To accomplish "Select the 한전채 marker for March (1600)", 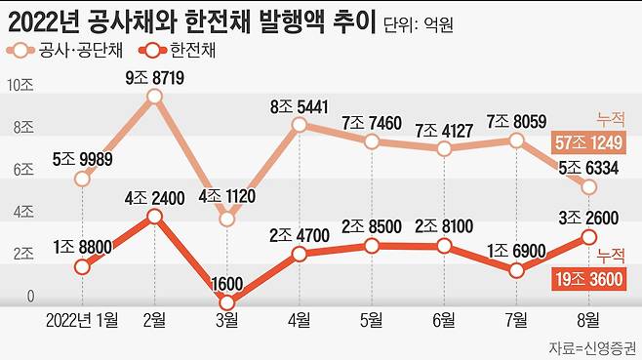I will [226, 302].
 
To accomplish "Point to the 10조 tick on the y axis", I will [20, 85].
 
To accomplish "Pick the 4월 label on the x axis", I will [299, 319].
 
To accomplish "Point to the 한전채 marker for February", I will [153, 217].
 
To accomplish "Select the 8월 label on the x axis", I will [588, 319].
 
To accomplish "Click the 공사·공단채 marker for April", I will [299, 124].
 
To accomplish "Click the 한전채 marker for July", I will [516, 270].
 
